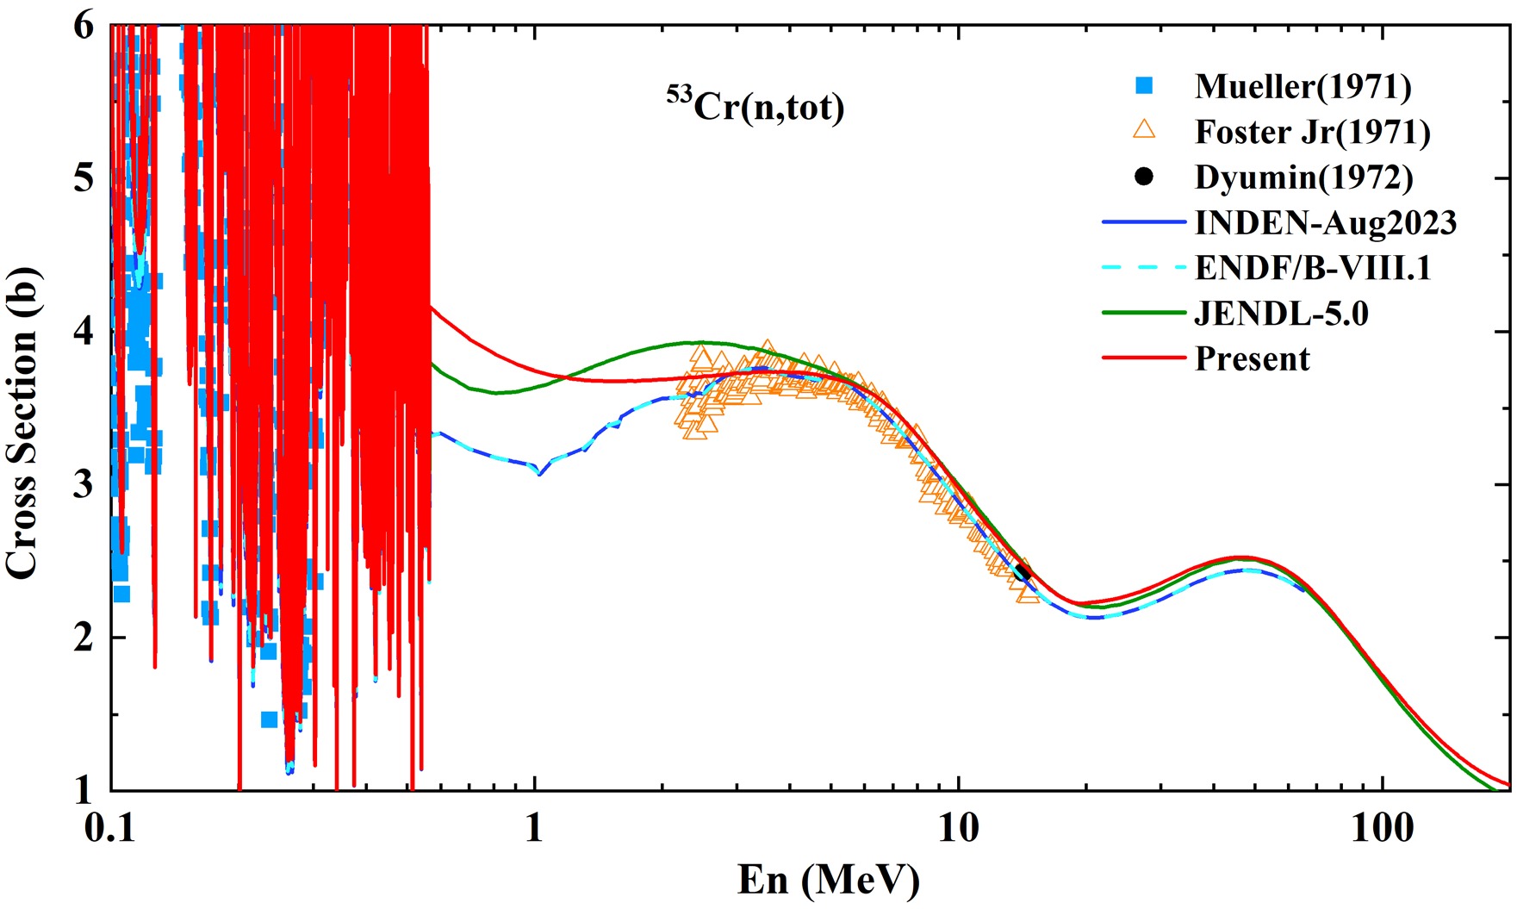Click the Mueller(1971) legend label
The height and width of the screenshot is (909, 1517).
pos(1303,86)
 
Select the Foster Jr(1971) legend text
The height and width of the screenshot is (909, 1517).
pos(1312,132)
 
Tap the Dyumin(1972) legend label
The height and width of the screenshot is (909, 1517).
pos(1303,177)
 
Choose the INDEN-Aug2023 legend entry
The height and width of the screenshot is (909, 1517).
pos(1325,223)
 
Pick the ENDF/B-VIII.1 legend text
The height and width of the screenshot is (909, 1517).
pos(1312,268)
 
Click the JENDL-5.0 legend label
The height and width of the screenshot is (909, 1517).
pos(1281,314)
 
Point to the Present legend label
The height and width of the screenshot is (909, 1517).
pos(1252,358)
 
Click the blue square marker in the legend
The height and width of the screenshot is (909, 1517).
pos(1144,86)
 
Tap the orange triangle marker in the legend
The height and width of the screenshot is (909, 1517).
pos(1144,131)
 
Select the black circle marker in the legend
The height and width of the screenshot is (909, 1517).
pos(1144,177)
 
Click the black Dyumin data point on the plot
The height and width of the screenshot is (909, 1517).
pos(1023,573)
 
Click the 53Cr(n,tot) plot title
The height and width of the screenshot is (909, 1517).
pos(755,107)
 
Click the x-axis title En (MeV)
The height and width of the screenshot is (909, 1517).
pos(828,881)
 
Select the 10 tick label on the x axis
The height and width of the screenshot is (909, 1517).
pos(958,829)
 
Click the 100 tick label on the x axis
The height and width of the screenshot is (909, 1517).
pos(1382,829)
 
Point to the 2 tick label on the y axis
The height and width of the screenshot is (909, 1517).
pos(83,638)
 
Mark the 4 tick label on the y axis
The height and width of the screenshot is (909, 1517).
pos(83,333)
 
